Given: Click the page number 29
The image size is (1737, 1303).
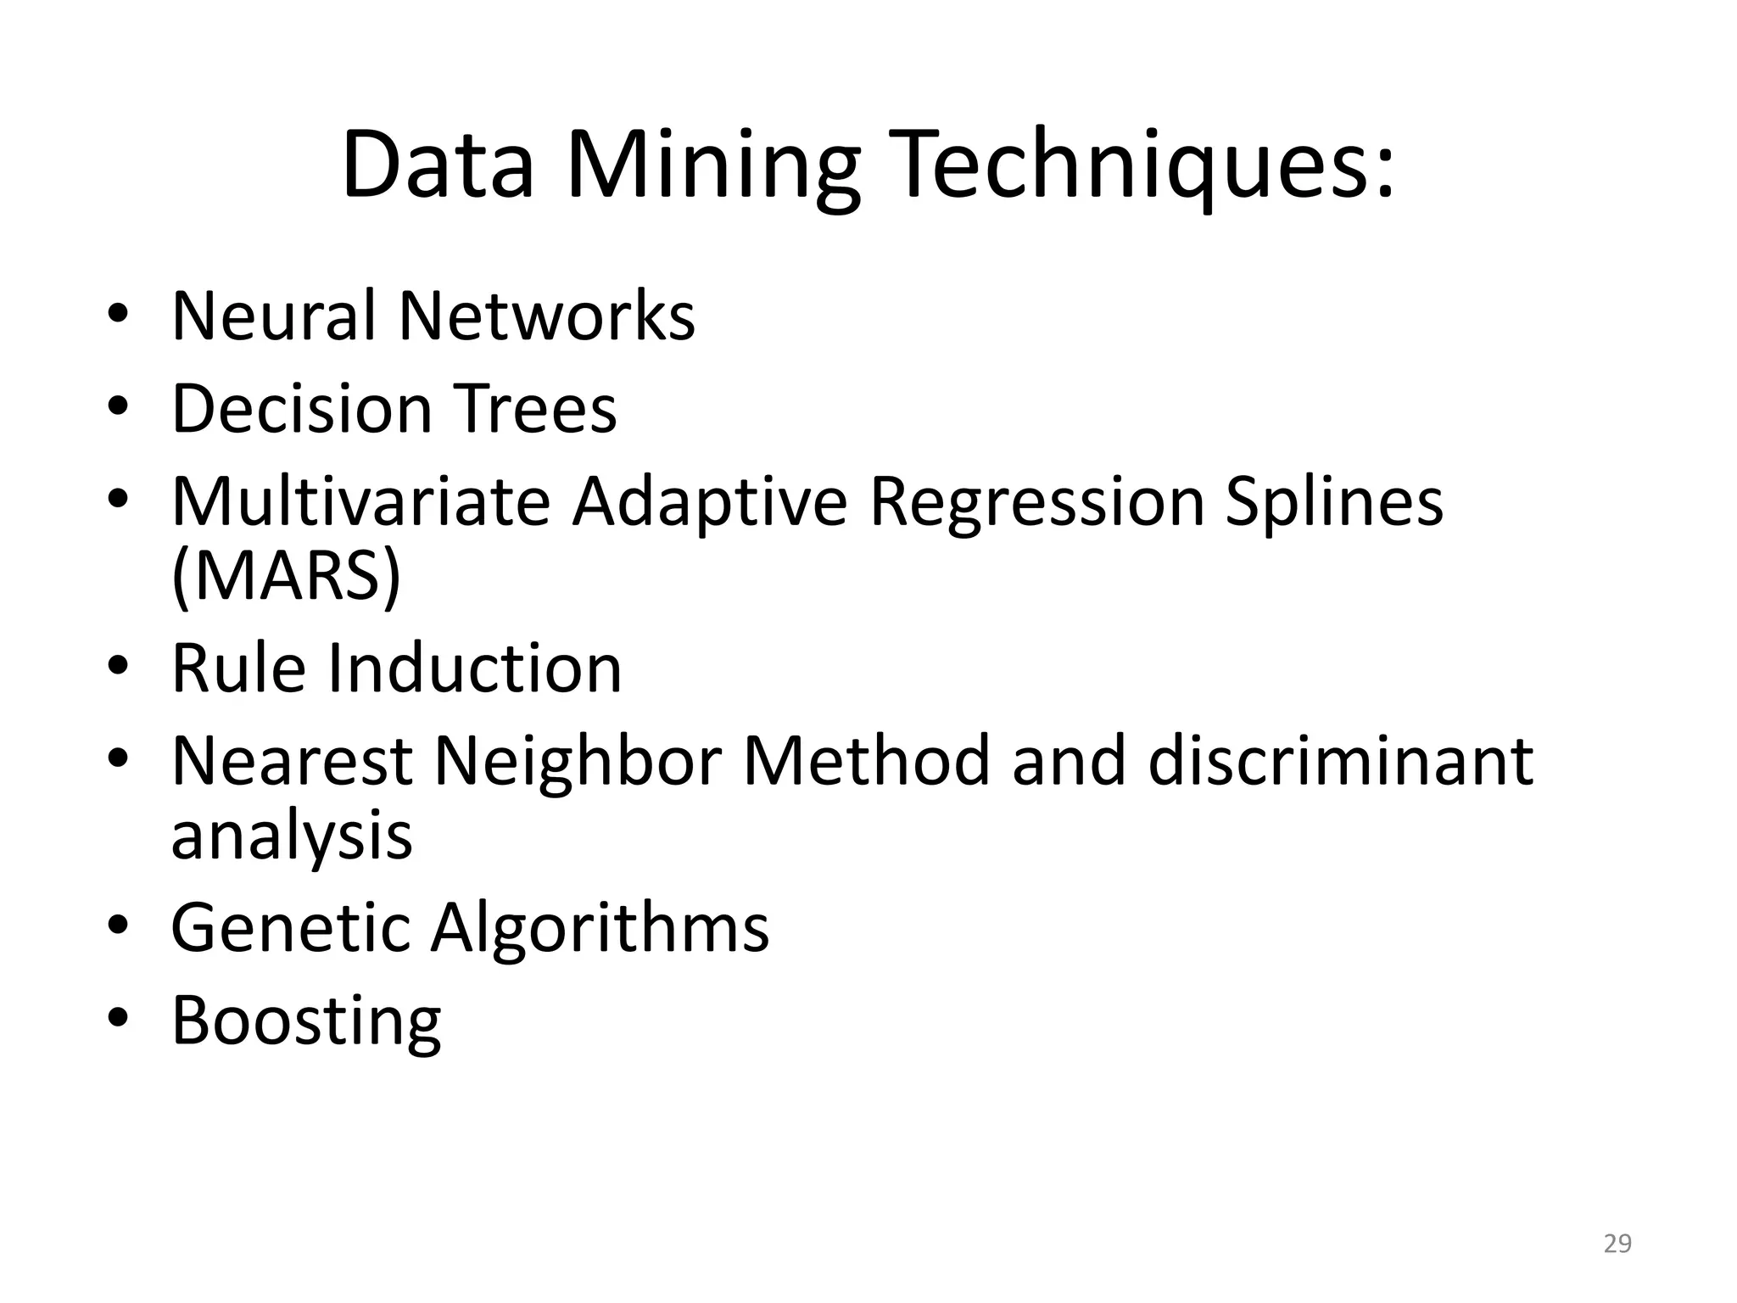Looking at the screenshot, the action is tap(1617, 1244).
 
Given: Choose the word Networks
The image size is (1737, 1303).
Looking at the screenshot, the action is tap(547, 316).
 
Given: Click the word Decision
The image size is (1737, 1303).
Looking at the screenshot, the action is tap(302, 409).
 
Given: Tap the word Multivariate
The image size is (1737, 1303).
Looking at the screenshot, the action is tap(361, 501).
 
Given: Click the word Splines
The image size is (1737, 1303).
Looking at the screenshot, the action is tap(1334, 501).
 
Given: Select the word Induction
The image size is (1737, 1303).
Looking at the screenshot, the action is tap(474, 668).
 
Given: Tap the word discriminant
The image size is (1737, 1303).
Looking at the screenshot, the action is tap(1340, 760).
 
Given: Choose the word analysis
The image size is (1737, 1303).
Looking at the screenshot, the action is tap(292, 835).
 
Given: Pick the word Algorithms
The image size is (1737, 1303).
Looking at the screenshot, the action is tap(600, 927).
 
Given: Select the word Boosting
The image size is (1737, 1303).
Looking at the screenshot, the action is tap(306, 1021).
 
